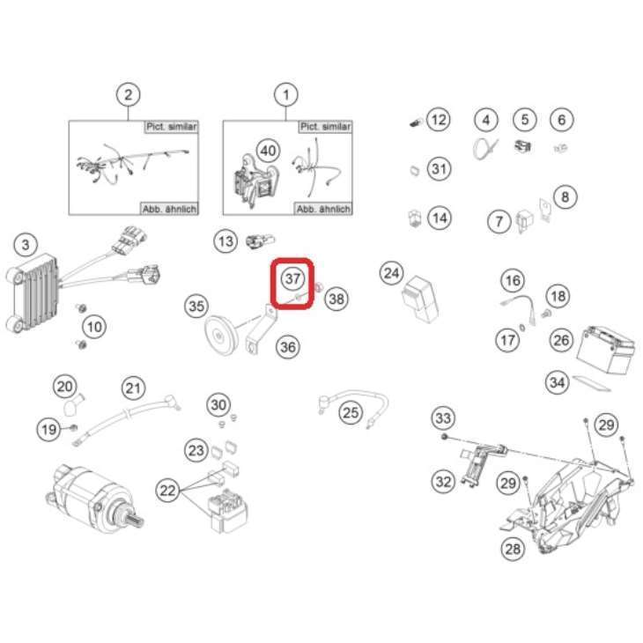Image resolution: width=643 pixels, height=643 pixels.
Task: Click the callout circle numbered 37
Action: coord(292,279)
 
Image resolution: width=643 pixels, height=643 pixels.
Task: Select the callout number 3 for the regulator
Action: coord(26,245)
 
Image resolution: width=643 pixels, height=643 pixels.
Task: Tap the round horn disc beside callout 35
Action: coord(219,336)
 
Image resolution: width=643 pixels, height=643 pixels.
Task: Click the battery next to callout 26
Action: coord(606,350)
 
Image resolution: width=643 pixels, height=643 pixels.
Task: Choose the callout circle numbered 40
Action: coord(268,151)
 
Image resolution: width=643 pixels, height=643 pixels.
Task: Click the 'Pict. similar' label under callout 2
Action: coord(172,127)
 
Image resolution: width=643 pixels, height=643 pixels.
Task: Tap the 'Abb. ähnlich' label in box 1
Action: coord(323,209)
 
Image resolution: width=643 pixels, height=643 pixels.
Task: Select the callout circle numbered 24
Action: coord(392,274)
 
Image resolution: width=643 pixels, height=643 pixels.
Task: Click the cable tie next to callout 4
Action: coord(485,148)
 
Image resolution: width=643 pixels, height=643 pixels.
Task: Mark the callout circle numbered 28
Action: coord(513,549)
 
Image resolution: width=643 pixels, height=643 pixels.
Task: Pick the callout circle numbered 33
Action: coord(443,418)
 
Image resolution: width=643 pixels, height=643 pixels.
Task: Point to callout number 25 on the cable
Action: coord(351,412)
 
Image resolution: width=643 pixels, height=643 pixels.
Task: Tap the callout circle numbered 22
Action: coord(167,491)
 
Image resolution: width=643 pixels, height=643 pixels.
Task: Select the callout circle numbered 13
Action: coord(225,241)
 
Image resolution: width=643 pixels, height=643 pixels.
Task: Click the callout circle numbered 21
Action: coord(133,388)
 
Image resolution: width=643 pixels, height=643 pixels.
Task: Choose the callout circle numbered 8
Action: coord(565,197)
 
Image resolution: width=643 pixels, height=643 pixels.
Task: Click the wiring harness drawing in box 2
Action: coord(132,163)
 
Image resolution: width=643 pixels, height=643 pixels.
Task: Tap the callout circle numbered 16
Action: coord(513,280)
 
